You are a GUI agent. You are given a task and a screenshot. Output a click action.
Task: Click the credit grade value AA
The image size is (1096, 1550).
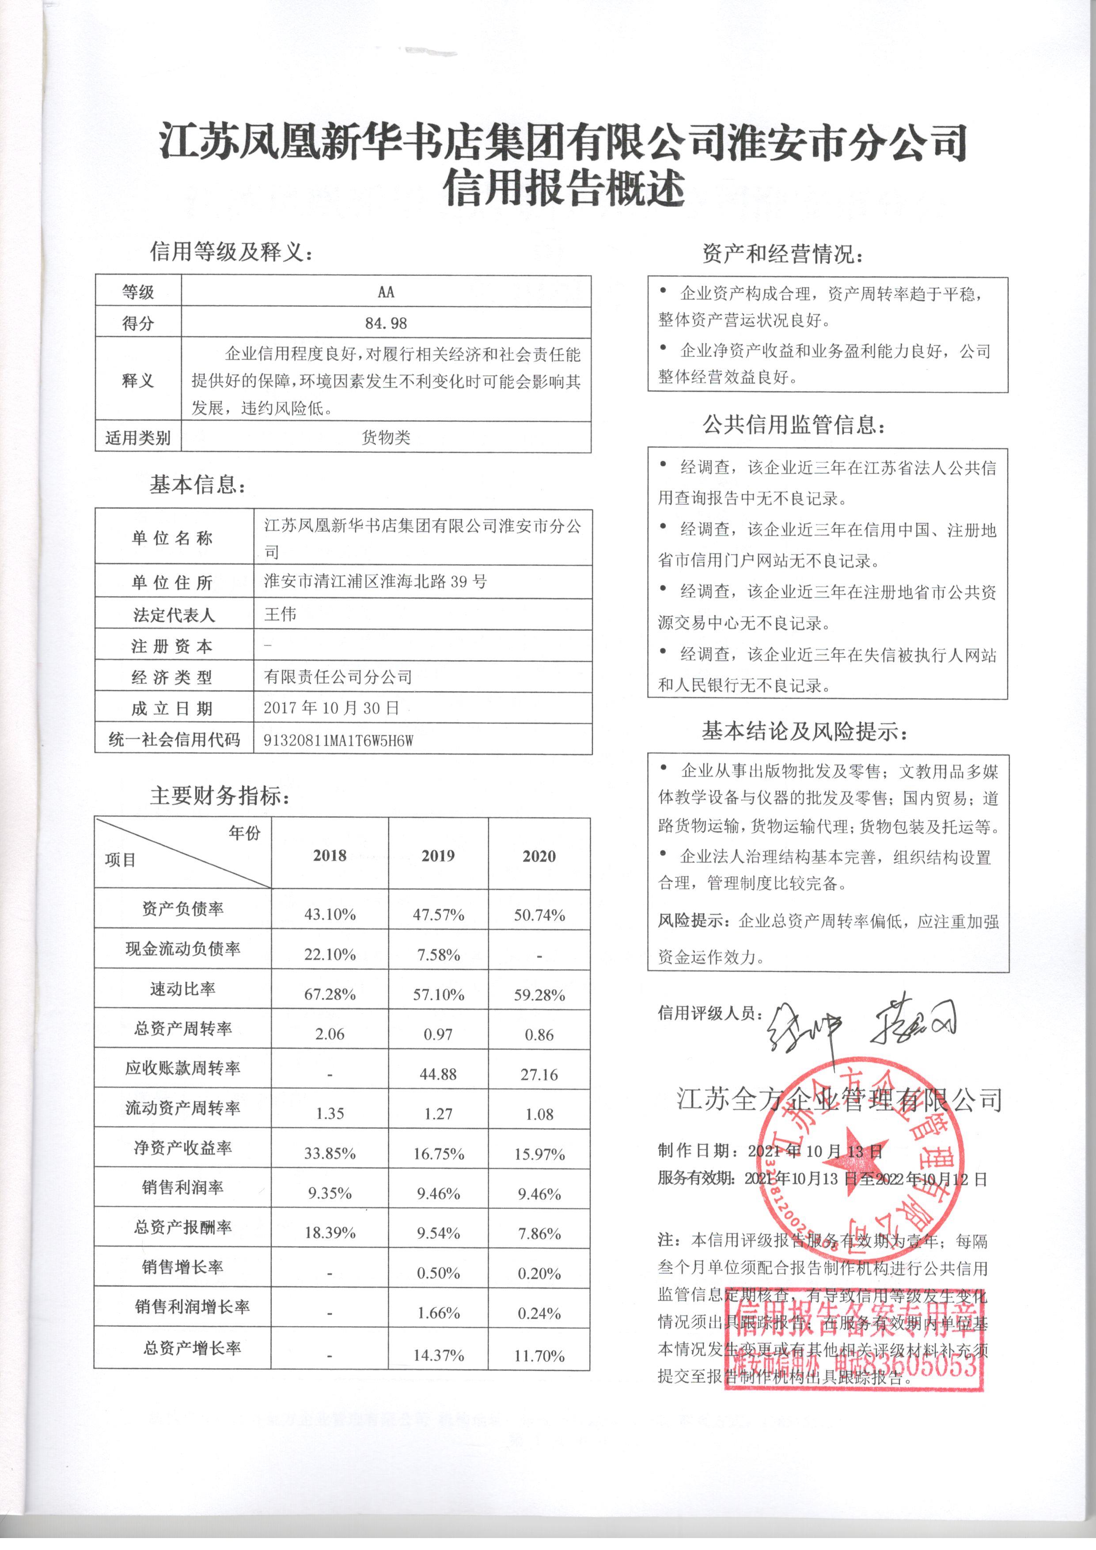click(386, 292)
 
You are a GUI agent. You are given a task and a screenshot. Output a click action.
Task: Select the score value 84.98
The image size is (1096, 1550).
click(386, 324)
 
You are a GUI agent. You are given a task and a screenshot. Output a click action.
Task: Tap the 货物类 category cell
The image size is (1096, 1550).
click(386, 438)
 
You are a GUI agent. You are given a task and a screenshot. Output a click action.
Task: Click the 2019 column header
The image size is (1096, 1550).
click(438, 856)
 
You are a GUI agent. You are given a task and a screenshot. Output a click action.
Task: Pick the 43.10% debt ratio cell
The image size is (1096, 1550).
click(330, 915)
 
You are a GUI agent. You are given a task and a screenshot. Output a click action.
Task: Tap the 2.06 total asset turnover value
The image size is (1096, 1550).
click(330, 1034)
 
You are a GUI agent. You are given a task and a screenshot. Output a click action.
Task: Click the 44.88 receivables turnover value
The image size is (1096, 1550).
click(438, 1074)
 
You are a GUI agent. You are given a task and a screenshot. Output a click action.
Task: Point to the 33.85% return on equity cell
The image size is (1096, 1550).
click(330, 1154)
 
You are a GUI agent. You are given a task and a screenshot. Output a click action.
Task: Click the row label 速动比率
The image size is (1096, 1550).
click(182, 989)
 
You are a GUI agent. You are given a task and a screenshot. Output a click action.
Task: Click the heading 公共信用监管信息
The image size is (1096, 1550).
click(794, 425)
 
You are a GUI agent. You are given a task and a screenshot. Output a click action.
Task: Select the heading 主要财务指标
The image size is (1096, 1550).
click(220, 796)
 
